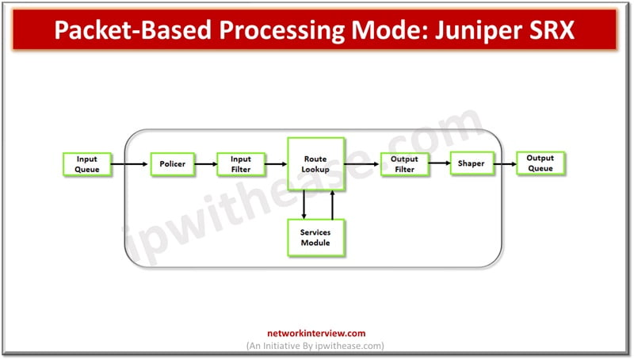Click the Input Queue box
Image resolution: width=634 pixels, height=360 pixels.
coord(86,164)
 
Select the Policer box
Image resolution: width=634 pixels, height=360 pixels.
coord(171,164)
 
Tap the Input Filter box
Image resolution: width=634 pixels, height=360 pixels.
coord(240,164)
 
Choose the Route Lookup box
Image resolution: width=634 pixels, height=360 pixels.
coord(315,164)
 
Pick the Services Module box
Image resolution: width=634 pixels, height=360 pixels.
coord(315,237)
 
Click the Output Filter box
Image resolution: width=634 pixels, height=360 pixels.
coord(404,164)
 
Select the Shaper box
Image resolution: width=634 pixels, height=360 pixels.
coord(472,164)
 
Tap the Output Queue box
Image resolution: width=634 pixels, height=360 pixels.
coord(540,163)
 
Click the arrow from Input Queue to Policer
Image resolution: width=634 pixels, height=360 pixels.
coord(128,165)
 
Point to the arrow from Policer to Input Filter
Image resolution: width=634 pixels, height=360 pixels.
coord(206,165)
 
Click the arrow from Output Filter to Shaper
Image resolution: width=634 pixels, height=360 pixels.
coord(439,165)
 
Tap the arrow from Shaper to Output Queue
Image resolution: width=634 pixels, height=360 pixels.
coord(505,165)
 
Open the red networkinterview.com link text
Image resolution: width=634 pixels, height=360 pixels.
coord(316,334)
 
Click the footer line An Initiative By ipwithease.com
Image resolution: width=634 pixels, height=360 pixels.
coord(316,346)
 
